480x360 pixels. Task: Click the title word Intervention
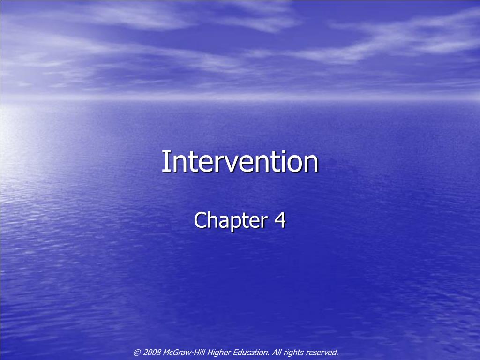(x=240, y=162)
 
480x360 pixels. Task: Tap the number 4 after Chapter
(x=280, y=220)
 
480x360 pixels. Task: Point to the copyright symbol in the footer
(x=137, y=352)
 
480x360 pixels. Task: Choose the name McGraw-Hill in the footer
(x=182, y=352)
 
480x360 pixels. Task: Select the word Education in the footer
(x=251, y=352)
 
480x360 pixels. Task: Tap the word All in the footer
(x=277, y=352)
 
